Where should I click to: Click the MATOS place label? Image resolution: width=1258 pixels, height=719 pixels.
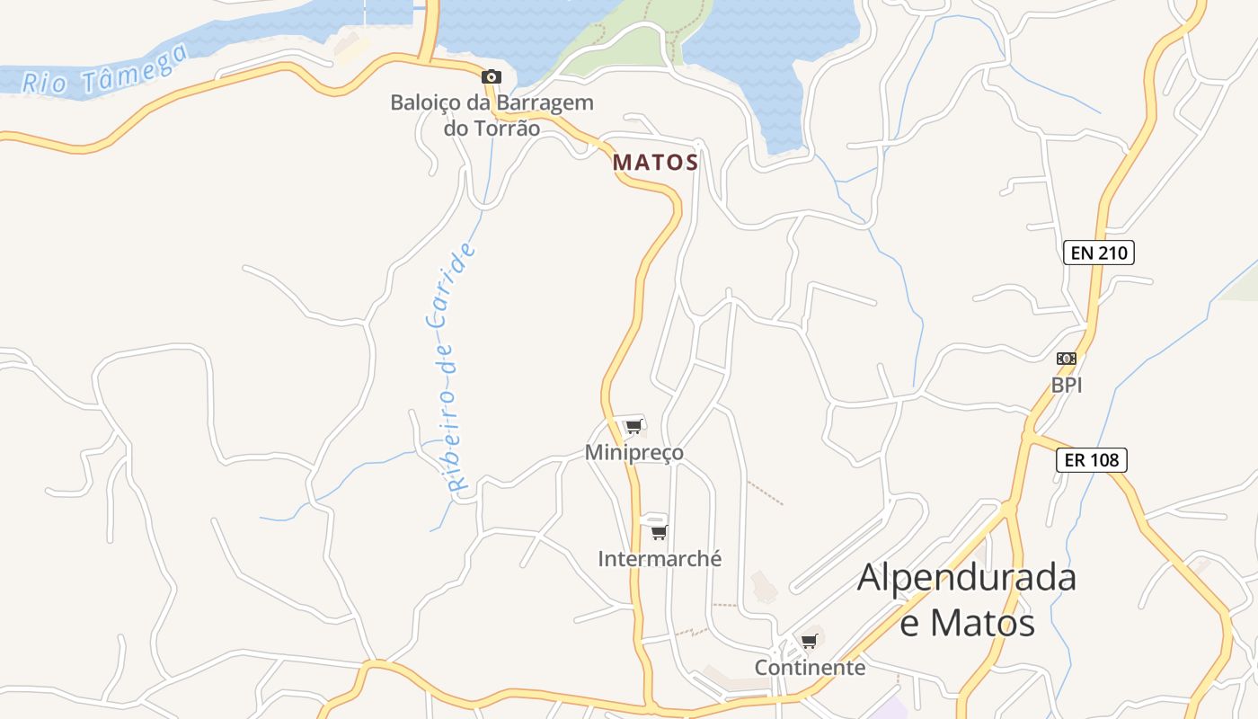655,163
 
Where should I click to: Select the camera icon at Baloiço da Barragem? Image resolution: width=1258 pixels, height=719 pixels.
491,77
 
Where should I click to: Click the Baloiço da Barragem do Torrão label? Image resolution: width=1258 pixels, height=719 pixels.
492,115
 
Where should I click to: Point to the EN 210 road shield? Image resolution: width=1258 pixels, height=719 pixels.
1098,253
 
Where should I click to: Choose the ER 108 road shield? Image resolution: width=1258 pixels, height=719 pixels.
1091,460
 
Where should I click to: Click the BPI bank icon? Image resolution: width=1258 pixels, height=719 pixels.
1067,359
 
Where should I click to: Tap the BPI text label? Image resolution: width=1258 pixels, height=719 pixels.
1067,385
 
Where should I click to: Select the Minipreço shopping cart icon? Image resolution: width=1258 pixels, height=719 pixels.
634,426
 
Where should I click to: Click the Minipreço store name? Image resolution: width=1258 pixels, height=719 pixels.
633,452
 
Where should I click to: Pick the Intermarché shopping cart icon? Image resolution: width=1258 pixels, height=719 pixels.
659,532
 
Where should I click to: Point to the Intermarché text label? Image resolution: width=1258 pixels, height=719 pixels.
660,558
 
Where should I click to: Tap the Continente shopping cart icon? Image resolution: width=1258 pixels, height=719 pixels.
809,641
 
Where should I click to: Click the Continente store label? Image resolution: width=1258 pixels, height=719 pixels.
810,668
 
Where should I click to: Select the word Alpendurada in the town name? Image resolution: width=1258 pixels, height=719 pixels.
966,577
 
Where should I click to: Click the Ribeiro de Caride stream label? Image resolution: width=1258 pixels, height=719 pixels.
448,367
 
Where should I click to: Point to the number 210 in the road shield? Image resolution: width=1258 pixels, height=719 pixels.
1112,253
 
